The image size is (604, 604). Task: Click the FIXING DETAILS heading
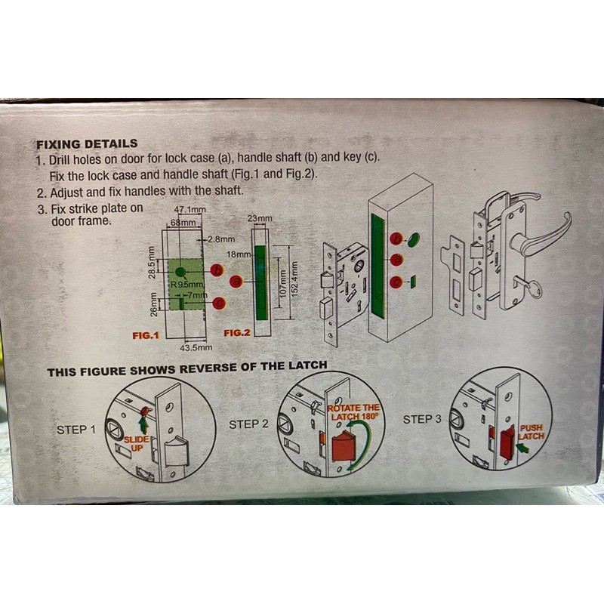[x=87, y=144]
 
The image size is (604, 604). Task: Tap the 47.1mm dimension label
[x=190, y=210]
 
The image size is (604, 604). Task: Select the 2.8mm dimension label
[x=221, y=239]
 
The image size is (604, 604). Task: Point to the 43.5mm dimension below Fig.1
[x=196, y=347]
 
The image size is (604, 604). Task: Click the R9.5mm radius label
[x=187, y=285]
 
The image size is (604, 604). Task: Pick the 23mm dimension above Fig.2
[x=260, y=218]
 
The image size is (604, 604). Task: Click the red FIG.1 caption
[x=146, y=335]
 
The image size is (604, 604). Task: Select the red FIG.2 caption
[x=237, y=333]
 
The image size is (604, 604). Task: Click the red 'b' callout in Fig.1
[x=217, y=271]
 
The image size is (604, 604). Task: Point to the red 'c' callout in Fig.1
[x=219, y=303]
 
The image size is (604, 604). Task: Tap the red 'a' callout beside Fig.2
[x=236, y=282]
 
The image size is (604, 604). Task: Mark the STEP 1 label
[x=76, y=430]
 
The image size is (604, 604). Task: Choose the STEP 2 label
[x=248, y=424]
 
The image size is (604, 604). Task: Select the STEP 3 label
[x=422, y=419]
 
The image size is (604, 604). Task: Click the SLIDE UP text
[x=137, y=444]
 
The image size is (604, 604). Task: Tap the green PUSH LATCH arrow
[x=523, y=448]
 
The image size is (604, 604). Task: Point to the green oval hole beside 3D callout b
[x=413, y=239]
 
